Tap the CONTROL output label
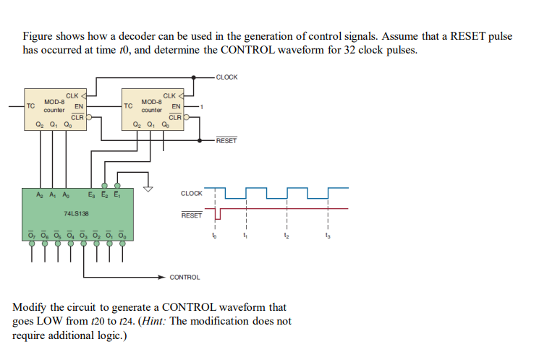(185, 277)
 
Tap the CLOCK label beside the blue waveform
(191, 193)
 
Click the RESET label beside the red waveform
(191, 215)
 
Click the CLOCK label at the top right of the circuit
(226, 77)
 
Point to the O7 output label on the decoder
(31, 233)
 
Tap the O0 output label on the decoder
(121, 233)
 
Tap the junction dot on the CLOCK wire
(194, 77)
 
